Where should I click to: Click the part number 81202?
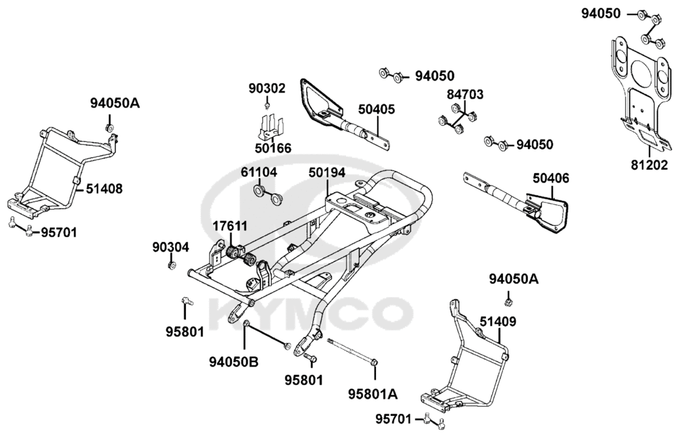(649, 164)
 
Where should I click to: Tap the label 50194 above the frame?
(327, 173)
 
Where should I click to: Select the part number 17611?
(230, 225)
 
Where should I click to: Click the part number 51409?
(498, 321)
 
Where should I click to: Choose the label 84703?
(465, 95)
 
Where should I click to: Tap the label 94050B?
(234, 363)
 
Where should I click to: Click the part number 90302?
(267, 88)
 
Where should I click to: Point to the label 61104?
(259, 173)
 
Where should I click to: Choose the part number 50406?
(551, 179)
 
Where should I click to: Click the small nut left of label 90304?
(170, 265)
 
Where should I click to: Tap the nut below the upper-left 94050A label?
(109, 127)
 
